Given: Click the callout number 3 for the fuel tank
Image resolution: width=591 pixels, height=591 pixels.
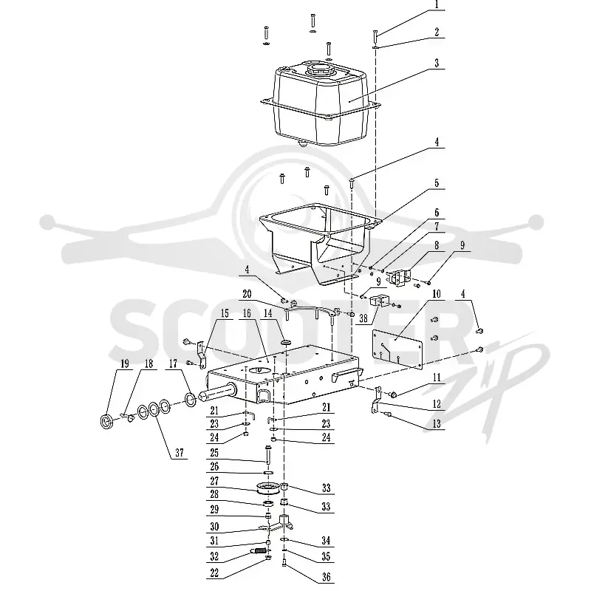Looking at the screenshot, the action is (x=437, y=63).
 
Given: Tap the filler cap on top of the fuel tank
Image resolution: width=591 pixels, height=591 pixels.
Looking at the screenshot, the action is (x=320, y=69).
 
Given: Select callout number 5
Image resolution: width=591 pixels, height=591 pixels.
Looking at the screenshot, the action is (x=437, y=182).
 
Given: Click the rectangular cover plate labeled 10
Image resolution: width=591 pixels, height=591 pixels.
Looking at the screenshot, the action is (x=397, y=349).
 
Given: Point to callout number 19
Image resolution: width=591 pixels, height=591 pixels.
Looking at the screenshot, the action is (x=124, y=363).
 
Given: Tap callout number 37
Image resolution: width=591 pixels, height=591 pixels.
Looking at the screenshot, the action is (x=179, y=452).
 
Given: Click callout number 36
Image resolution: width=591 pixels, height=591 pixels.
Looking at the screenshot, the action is (x=326, y=576).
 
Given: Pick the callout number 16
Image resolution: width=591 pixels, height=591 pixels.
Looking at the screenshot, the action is (x=247, y=313).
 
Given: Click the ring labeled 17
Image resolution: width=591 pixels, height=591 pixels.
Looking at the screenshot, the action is (x=190, y=400).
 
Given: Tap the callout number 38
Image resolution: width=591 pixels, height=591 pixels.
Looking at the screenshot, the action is (x=363, y=318).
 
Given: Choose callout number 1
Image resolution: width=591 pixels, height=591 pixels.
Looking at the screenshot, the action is (x=437, y=4).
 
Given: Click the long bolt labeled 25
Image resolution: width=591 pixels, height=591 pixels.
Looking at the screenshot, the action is (x=268, y=455).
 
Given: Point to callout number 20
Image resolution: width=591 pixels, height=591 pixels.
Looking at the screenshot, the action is (x=247, y=293).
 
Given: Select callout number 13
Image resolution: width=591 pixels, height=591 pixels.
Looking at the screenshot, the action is (x=437, y=423).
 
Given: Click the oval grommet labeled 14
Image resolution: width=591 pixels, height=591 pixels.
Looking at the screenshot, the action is (x=287, y=342).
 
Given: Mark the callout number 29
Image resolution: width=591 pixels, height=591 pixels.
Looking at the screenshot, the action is (x=214, y=509).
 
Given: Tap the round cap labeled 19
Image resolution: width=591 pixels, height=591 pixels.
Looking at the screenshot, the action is (x=106, y=420).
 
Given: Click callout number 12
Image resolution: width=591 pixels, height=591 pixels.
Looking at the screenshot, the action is (x=437, y=404).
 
